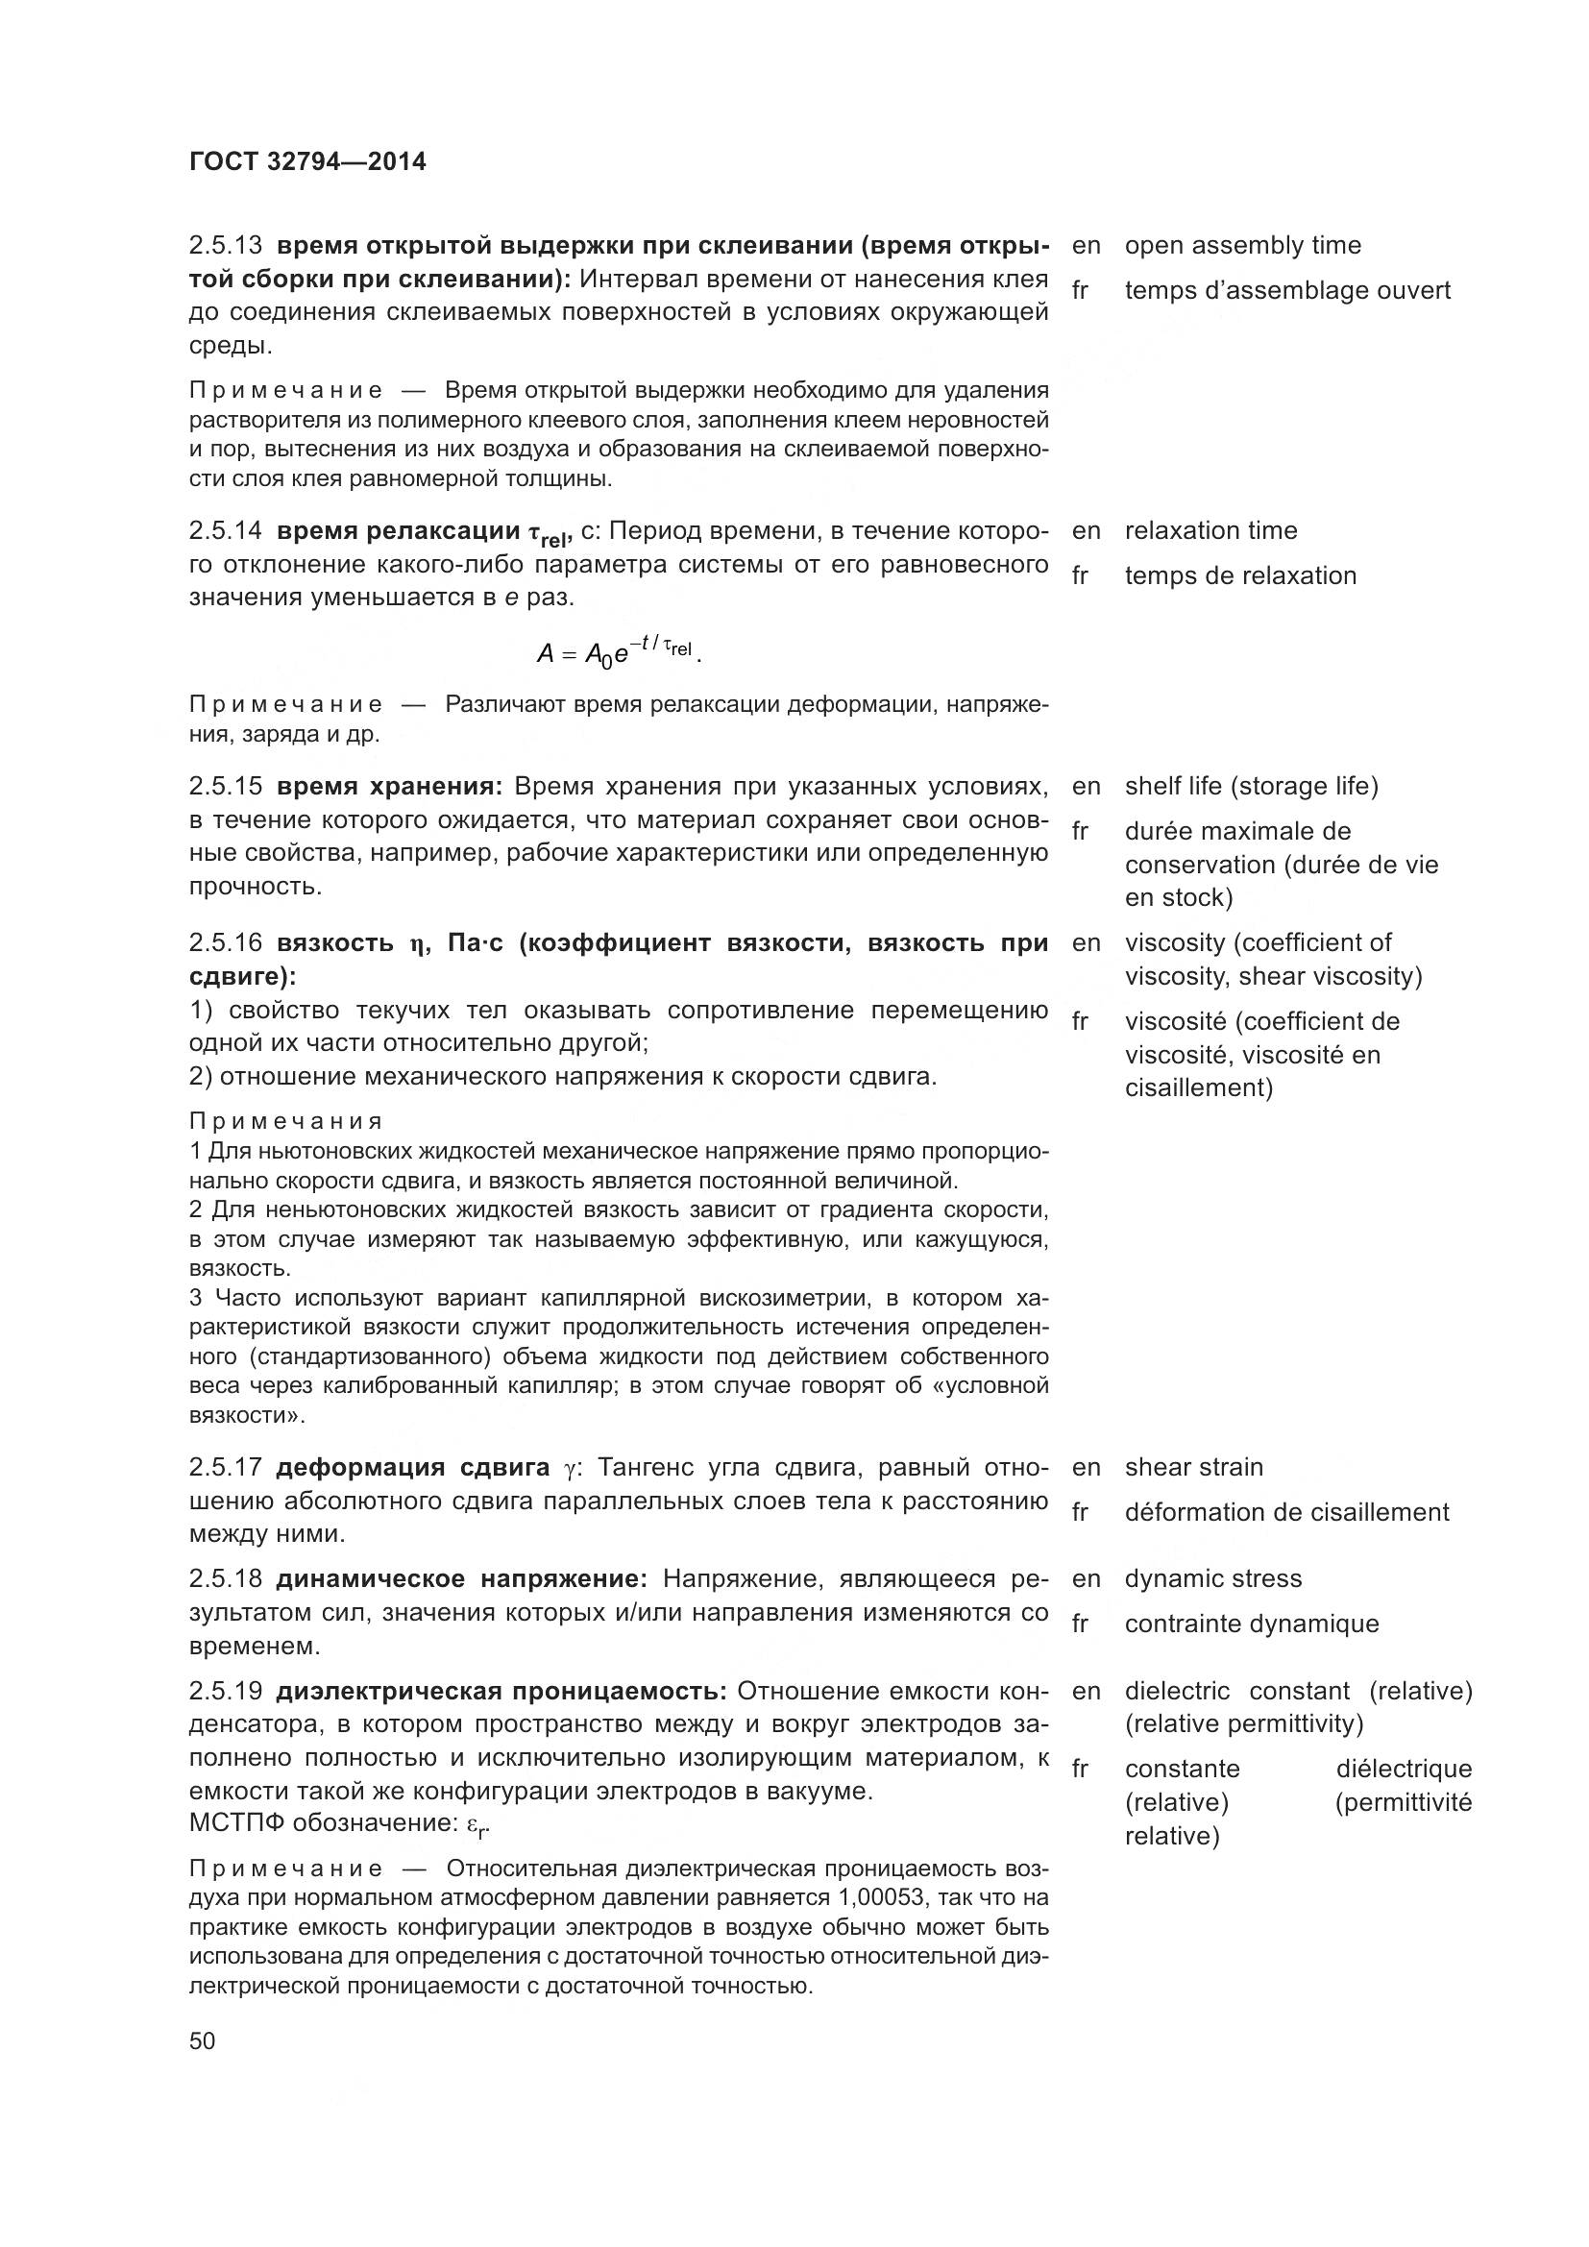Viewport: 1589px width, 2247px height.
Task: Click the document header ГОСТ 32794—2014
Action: [307, 161]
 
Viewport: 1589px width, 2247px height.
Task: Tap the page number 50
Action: [203, 2040]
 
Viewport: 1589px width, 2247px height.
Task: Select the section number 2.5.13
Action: [225, 246]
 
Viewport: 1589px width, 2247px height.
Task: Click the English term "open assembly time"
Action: [1242, 246]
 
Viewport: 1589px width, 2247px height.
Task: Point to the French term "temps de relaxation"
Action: [1240, 575]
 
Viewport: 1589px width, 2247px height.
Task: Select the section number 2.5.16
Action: [225, 943]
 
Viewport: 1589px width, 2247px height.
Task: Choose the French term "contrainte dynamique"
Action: [1252, 1624]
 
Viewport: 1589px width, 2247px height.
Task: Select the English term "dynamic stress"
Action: [1213, 1578]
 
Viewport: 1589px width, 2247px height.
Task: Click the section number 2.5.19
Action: [225, 1691]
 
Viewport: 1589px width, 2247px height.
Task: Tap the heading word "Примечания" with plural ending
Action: [285, 1121]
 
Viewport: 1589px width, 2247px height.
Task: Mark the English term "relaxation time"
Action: [1211, 530]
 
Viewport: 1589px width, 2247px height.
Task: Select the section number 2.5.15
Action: [225, 787]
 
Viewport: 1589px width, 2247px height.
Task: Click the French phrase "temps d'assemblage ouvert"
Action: [1287, 291]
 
